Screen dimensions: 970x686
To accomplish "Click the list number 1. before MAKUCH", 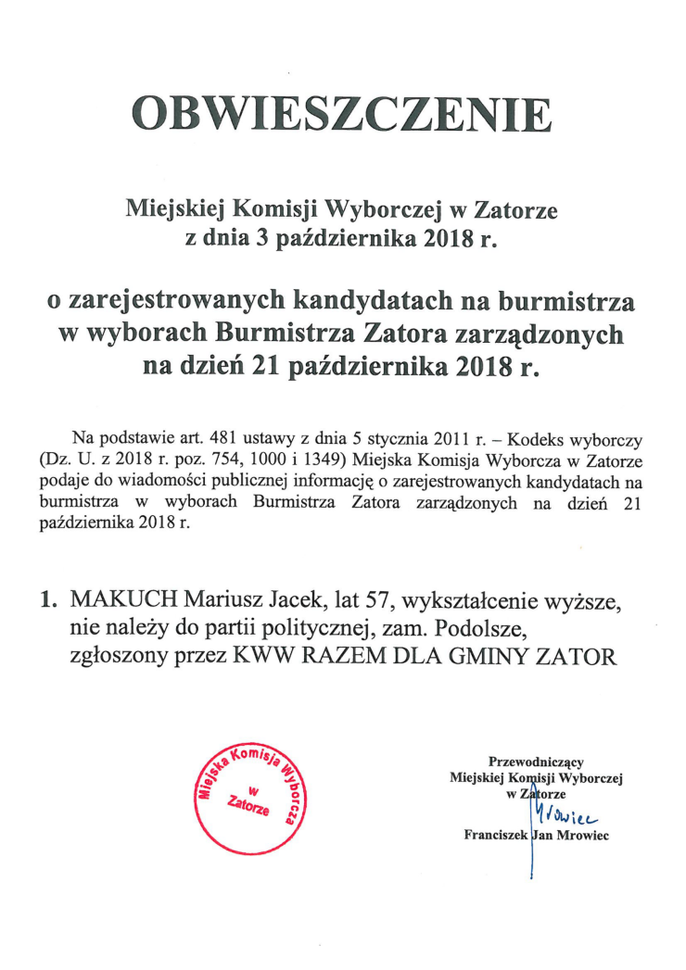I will pyautogui.click(x=49, y=603).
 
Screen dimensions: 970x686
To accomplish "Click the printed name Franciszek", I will pyautogui.click(x=495, y=834).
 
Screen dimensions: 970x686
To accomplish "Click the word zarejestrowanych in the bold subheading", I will pyautogui.click(x=177, y=302).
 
